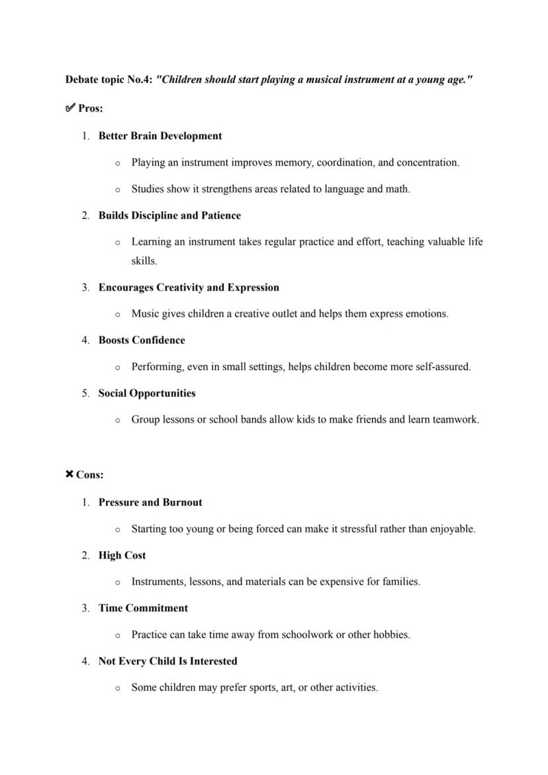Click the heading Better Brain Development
tap(160, 136)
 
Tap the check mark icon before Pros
tap(70, 108)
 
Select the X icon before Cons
tap(69, 474)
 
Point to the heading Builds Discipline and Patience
tap(169, 215)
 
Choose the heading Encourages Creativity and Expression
tap(189, 287)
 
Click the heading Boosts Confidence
tap(142, 340)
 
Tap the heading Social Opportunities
tap(147, 393)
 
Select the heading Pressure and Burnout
tap(150, 502)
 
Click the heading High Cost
tap(122, 555)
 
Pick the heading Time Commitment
tap(143, 608)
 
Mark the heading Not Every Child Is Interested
tap(167, 661)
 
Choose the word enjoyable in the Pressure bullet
tap(452, 529)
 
